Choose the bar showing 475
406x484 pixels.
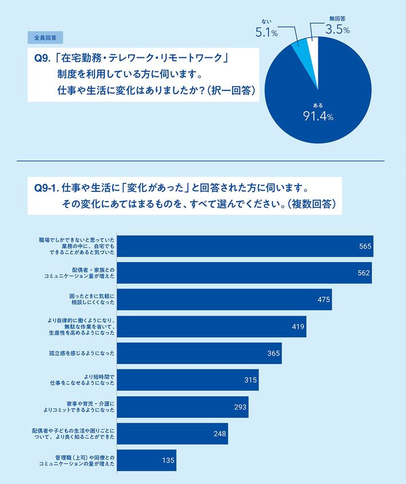pos(223,300)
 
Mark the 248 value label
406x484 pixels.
pos(219,434)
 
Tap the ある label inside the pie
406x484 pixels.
pos(318,105)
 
